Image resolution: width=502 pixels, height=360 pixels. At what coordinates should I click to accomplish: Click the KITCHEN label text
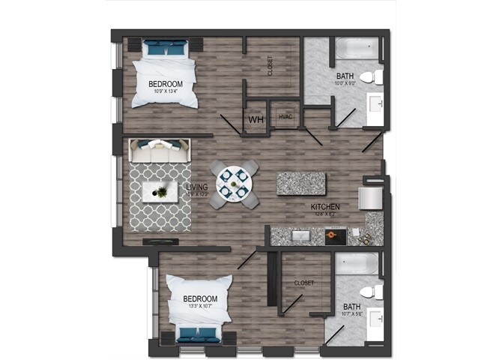pyautogui.click(x=326, y=206)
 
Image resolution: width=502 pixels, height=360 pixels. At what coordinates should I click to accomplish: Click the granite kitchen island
pyautogui.click(x=301, y=183)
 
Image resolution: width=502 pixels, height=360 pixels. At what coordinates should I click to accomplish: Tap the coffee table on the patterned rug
pyautogui.click(x=160, y=192)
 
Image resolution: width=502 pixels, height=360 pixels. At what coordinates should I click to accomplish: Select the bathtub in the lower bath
pyautogui.click(x=355, y=264)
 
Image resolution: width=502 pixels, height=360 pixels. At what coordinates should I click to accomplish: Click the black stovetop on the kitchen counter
pyautogui.click(x=335, y=237)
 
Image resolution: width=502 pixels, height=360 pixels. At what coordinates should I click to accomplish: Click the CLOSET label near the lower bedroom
pyautogui.click(x=303, y=283)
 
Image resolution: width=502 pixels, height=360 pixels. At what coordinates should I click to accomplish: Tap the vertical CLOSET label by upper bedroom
pyautogui.click(x=270, y=66)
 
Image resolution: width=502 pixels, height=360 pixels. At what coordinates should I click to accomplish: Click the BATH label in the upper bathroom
pyautogui.click(x=345, y=76)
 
